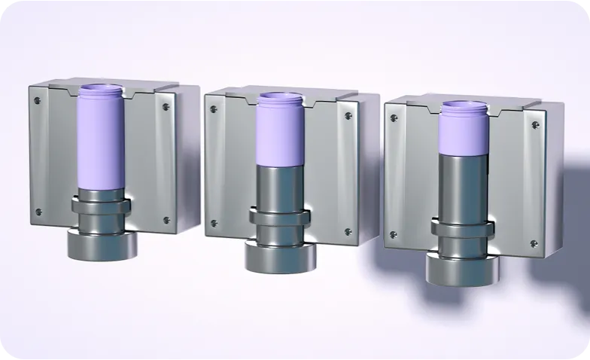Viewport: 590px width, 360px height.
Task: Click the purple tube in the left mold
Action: tap(101, 143)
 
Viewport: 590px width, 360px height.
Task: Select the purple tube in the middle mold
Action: tap(279, 136)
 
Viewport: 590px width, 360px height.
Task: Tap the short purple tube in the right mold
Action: tap(462, 130)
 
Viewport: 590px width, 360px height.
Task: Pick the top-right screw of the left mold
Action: tap(166, 106)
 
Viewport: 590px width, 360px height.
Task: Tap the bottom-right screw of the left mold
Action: tap(166, 220)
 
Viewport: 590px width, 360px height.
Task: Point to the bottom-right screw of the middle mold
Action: tap(347, 231)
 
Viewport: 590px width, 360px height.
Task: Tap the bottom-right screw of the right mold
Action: tap(534, 243)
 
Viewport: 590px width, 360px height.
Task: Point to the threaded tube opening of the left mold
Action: tap(101, 90)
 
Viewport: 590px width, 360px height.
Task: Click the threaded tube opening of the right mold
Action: tap(462, 106)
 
